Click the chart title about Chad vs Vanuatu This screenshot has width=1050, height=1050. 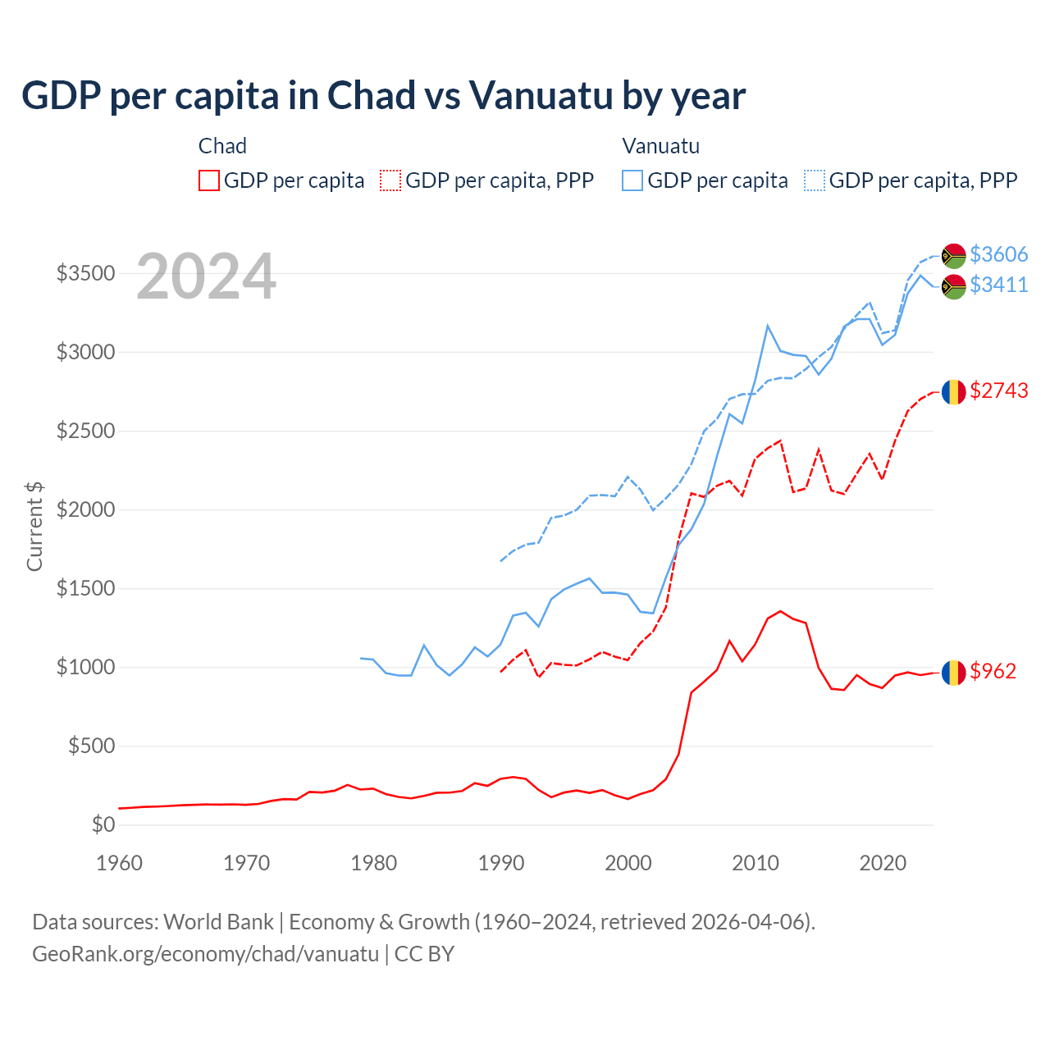[x=383, y=96]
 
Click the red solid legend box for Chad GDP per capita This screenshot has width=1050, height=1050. [x=209, y=180]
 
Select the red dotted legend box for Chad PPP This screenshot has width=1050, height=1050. [x=390, y=180]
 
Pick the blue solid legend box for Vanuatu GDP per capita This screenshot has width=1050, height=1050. [x=632, y=180]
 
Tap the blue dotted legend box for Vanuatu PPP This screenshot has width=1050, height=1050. [x=815, y=180]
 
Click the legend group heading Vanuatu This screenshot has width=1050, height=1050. [x=660, y=146]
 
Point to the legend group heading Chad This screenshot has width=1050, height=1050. [x=222, y=146]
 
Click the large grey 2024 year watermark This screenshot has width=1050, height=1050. [x=206, y=277]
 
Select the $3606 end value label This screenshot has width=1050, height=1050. [x=998, y=254]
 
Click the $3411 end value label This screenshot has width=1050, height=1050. [x=998, y=285]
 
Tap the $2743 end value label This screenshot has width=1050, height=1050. [x=998, y=390]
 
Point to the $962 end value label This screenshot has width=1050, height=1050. [x=993, y=671]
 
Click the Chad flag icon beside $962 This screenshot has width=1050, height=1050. [x=953, y=673]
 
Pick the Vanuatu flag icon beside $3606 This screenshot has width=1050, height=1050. [x=953, y=256]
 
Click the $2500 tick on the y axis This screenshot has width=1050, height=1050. [x=85, y=431]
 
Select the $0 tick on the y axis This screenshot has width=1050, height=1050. [x=103, y=824]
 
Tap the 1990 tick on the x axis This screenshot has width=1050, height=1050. [x=500, y=863]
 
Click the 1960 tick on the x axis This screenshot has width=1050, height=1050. [x=120, y=863]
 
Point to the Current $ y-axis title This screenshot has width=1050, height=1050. [x=34, y=527]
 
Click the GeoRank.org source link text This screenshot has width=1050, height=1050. [x=205, y=954]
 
